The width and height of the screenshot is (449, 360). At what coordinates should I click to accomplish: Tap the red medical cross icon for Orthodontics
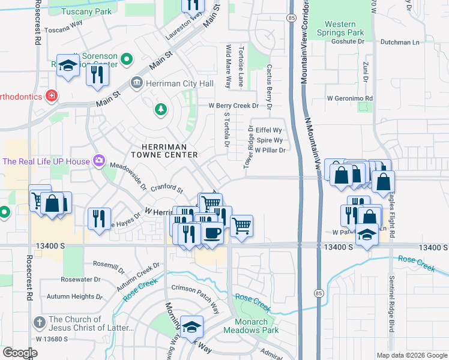pos(52,96)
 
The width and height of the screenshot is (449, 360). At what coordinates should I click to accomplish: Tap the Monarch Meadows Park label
pos(251,326)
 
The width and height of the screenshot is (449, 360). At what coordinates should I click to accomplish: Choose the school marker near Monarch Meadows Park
pos(191,326)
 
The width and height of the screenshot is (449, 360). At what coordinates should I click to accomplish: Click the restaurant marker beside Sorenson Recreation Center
pos(96,74)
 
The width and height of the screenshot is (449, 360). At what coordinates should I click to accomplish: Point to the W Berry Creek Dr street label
pos(233,106)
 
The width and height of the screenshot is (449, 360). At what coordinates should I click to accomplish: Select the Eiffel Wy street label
pos(268,130)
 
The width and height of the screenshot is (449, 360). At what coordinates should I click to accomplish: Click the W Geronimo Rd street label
pos(350,98)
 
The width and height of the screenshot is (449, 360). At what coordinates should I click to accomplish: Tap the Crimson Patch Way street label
pos(195,289)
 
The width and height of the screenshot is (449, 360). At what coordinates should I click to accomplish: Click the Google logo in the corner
pos(20,353)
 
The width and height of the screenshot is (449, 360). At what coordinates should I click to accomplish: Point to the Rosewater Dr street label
pos(81,280)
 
